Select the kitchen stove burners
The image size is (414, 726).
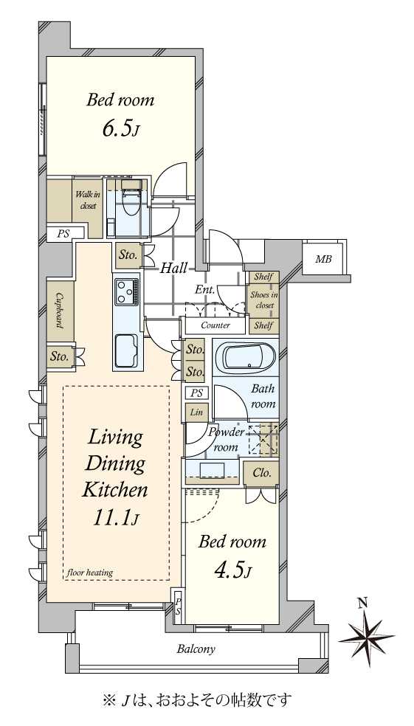coord(127,291)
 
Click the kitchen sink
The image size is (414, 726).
coord(126,350)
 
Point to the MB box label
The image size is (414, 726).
coord(324,259)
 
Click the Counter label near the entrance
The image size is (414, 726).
coord(215,325)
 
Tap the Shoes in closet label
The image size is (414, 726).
coord(263,300)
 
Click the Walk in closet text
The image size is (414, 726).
coord(87,201)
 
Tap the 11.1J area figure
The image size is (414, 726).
coord(115,519)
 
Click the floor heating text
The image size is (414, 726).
coord(90,573)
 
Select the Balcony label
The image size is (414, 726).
coord(196,649)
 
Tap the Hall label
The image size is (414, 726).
coord(173,267)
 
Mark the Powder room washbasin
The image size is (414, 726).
coord(212,469)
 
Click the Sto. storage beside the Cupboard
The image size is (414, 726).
coord(61,357)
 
